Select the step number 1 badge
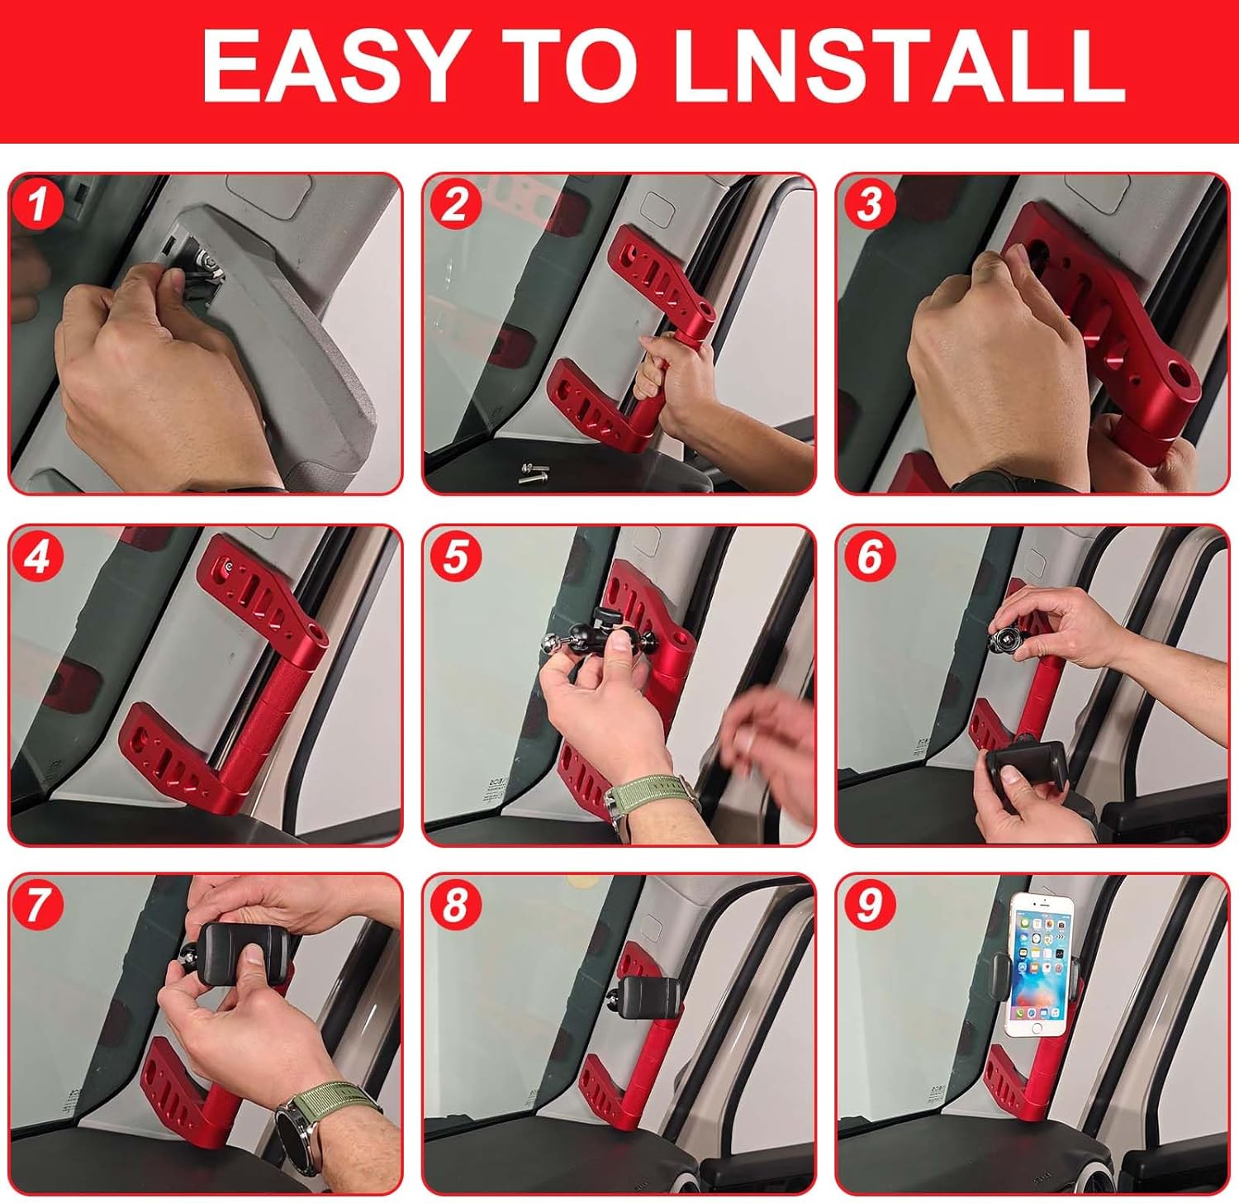pyautogui.click(x=37, y=203)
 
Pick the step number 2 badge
pyautogui.click(x=453, y=203)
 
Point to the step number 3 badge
pyautogui.click(x=868, y=203)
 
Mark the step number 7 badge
pyautogui.click(x=37, y=905)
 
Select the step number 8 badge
pyautogui.click(x=453, y=905)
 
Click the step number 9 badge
pyautogui.click(x=868, y=905)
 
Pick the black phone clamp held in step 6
pyautogui.click(x=1028, y=773)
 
